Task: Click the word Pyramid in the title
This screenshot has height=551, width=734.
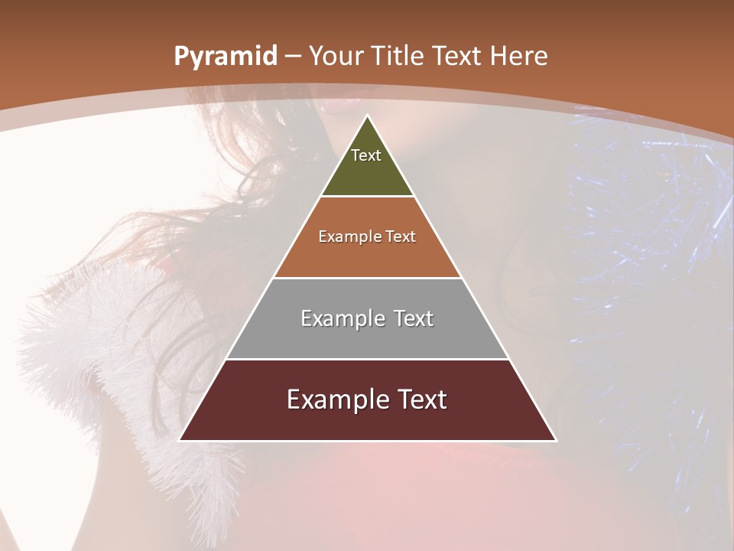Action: [x=225, y=57]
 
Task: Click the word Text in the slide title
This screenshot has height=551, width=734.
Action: [x=459, y=57]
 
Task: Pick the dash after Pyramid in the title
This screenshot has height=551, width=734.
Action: [x=293, y=57]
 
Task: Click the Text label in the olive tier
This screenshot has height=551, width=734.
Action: [x=366, y=155]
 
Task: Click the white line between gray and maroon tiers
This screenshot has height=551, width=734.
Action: [x=368, y=359]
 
